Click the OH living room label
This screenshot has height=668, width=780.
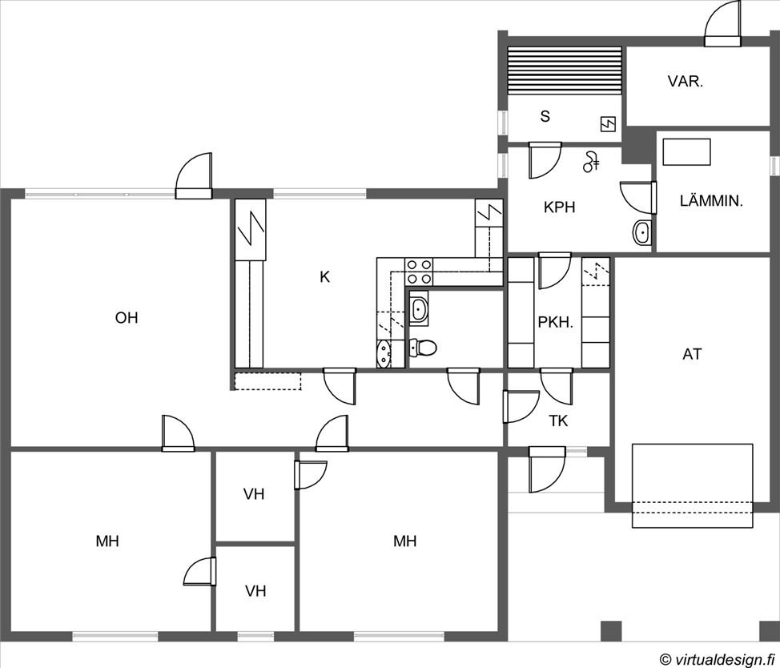[x=127, y=318]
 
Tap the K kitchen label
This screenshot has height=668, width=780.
[x=325, y=277]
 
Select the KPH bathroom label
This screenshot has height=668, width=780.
[x=560, y=207]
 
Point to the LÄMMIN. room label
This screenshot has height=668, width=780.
[x=711, y=201]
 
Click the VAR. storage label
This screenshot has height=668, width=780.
[x=686, y=82]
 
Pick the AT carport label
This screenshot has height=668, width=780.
[x=693, y=355]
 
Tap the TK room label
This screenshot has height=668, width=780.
[x=559, y=421]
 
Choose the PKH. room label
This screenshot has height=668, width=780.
[x=556, y=322]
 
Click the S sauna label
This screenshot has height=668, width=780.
[x=545, y=116]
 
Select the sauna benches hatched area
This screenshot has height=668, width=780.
[x=564, y=70]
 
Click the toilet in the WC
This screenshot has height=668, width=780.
[x=423, y=347]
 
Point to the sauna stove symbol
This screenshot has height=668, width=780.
[x=608, y=124]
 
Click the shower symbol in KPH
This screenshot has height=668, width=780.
[x=591, y=162]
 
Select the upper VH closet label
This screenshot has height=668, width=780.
[x=254, y=494]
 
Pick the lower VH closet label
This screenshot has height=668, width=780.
[x=255, y=591]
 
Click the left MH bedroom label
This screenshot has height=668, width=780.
[x=107, y=541]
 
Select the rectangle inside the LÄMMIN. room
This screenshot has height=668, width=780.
[x=686, y=151]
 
